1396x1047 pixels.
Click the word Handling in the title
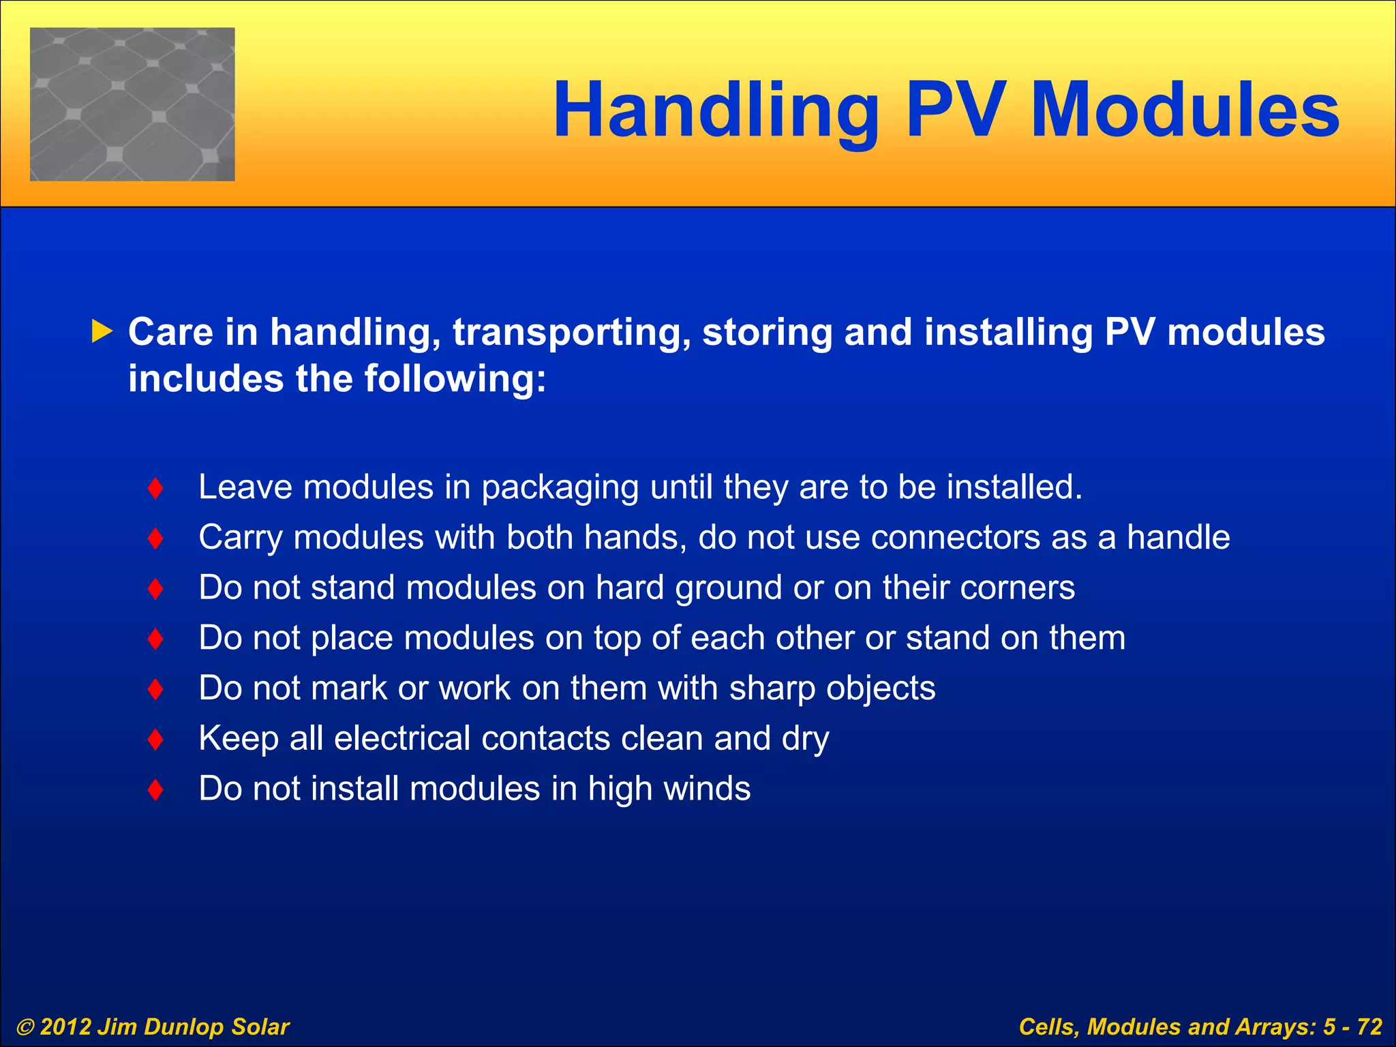pos(716,111)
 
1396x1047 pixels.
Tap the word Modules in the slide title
pos(1185,110)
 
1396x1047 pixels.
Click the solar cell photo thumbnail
pos(132,104)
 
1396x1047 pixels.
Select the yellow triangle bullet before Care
pos(102,332)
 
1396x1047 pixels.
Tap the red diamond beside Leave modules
pos(155,488)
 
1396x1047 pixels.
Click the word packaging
pos(560,488)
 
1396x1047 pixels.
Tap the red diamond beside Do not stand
pos(155,588)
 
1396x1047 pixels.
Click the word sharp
pos(772,688)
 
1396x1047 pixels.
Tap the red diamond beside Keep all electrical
pos(155,739)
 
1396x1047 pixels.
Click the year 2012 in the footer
pos(65,1027)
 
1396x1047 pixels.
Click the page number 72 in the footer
pos(1369,1027)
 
